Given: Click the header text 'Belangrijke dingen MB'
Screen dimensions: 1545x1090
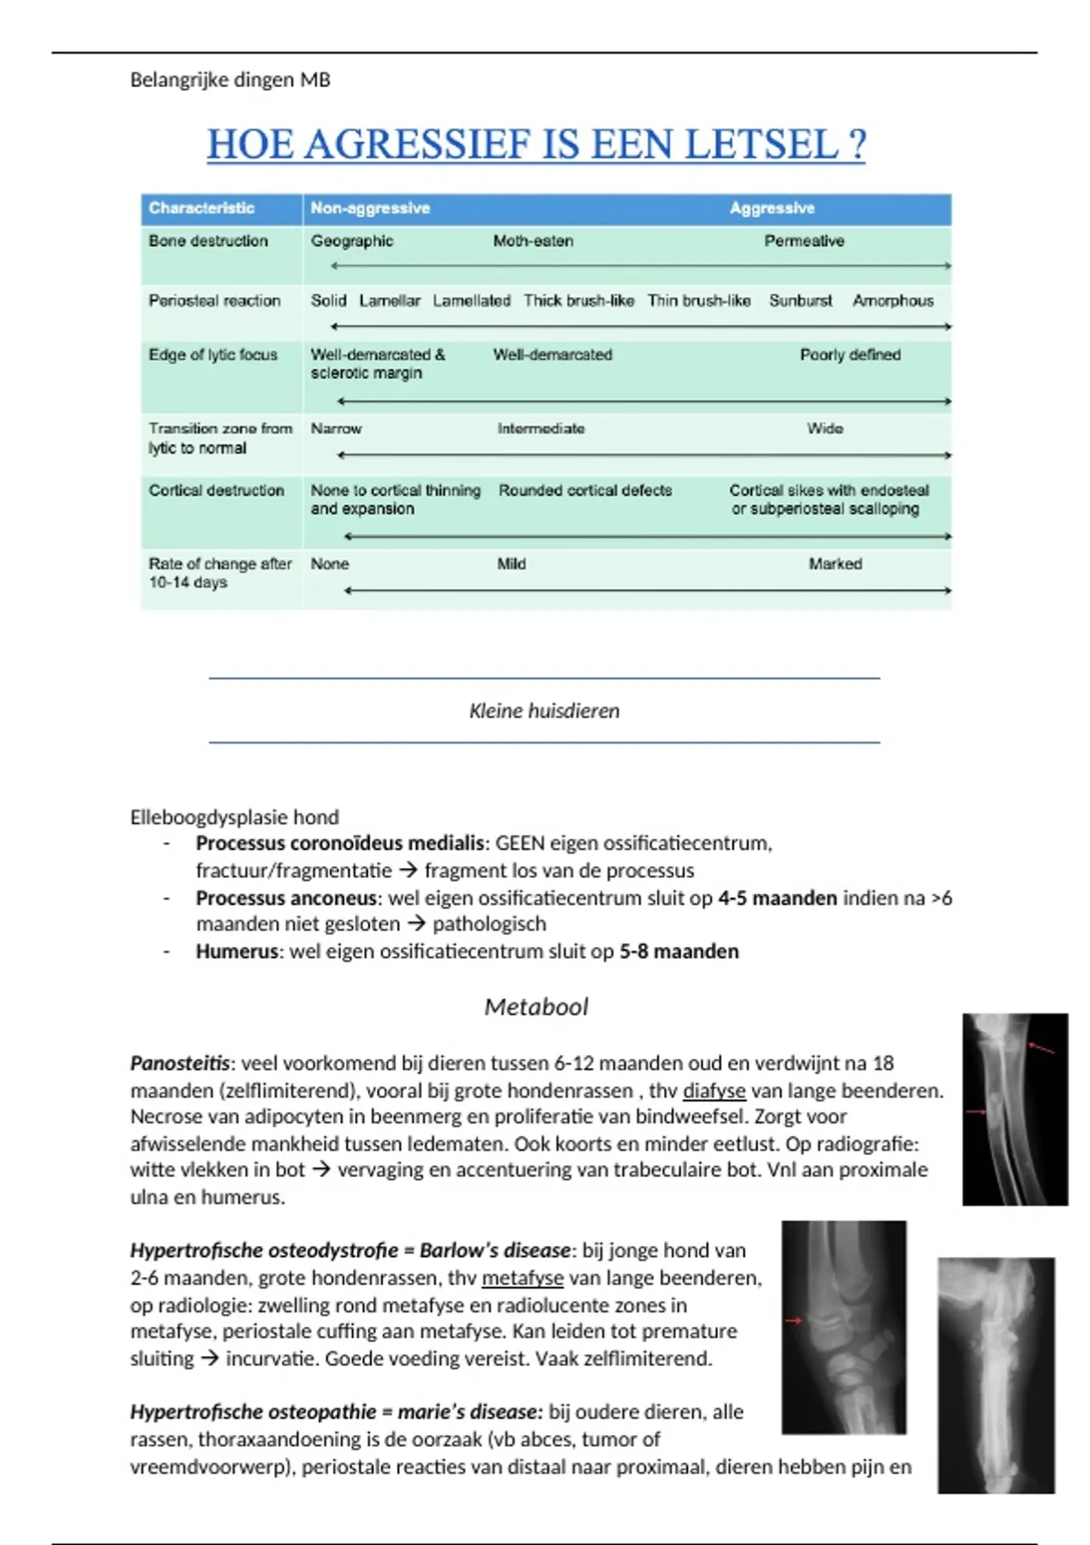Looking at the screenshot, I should [230, 80].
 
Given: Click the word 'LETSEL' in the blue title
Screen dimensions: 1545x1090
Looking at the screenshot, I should [760, 145].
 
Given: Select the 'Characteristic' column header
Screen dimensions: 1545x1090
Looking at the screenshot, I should [202, 208].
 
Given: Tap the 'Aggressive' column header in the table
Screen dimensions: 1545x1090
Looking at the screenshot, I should [772, 208].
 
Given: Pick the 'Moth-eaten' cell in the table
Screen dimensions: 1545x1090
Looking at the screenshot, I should [533, 241].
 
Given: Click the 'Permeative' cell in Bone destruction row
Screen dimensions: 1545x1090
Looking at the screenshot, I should [804, 241].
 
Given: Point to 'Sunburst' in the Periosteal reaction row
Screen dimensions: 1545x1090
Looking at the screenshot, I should [800, 301].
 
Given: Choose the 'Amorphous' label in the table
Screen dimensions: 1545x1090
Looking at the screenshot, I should [893, 301].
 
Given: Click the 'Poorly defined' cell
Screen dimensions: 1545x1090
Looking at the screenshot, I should [850, 354].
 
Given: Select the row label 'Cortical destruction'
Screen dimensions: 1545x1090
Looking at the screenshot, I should [216, 490].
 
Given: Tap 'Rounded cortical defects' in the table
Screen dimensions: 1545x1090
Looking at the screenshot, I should [585, 490].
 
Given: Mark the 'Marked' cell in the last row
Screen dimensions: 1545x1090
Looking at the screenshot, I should [836, 563].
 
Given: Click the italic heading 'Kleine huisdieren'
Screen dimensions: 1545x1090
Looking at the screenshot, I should [544, 711].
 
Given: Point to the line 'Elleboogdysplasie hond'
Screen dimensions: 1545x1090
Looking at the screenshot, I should [234, 817].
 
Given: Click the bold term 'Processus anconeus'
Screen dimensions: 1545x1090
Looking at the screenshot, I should [286, 898].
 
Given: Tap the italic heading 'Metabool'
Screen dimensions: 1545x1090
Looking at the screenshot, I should [536, 1007].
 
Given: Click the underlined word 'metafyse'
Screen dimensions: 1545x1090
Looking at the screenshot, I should [522, 1278].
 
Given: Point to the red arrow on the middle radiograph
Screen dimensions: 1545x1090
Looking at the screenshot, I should [795, 1320].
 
